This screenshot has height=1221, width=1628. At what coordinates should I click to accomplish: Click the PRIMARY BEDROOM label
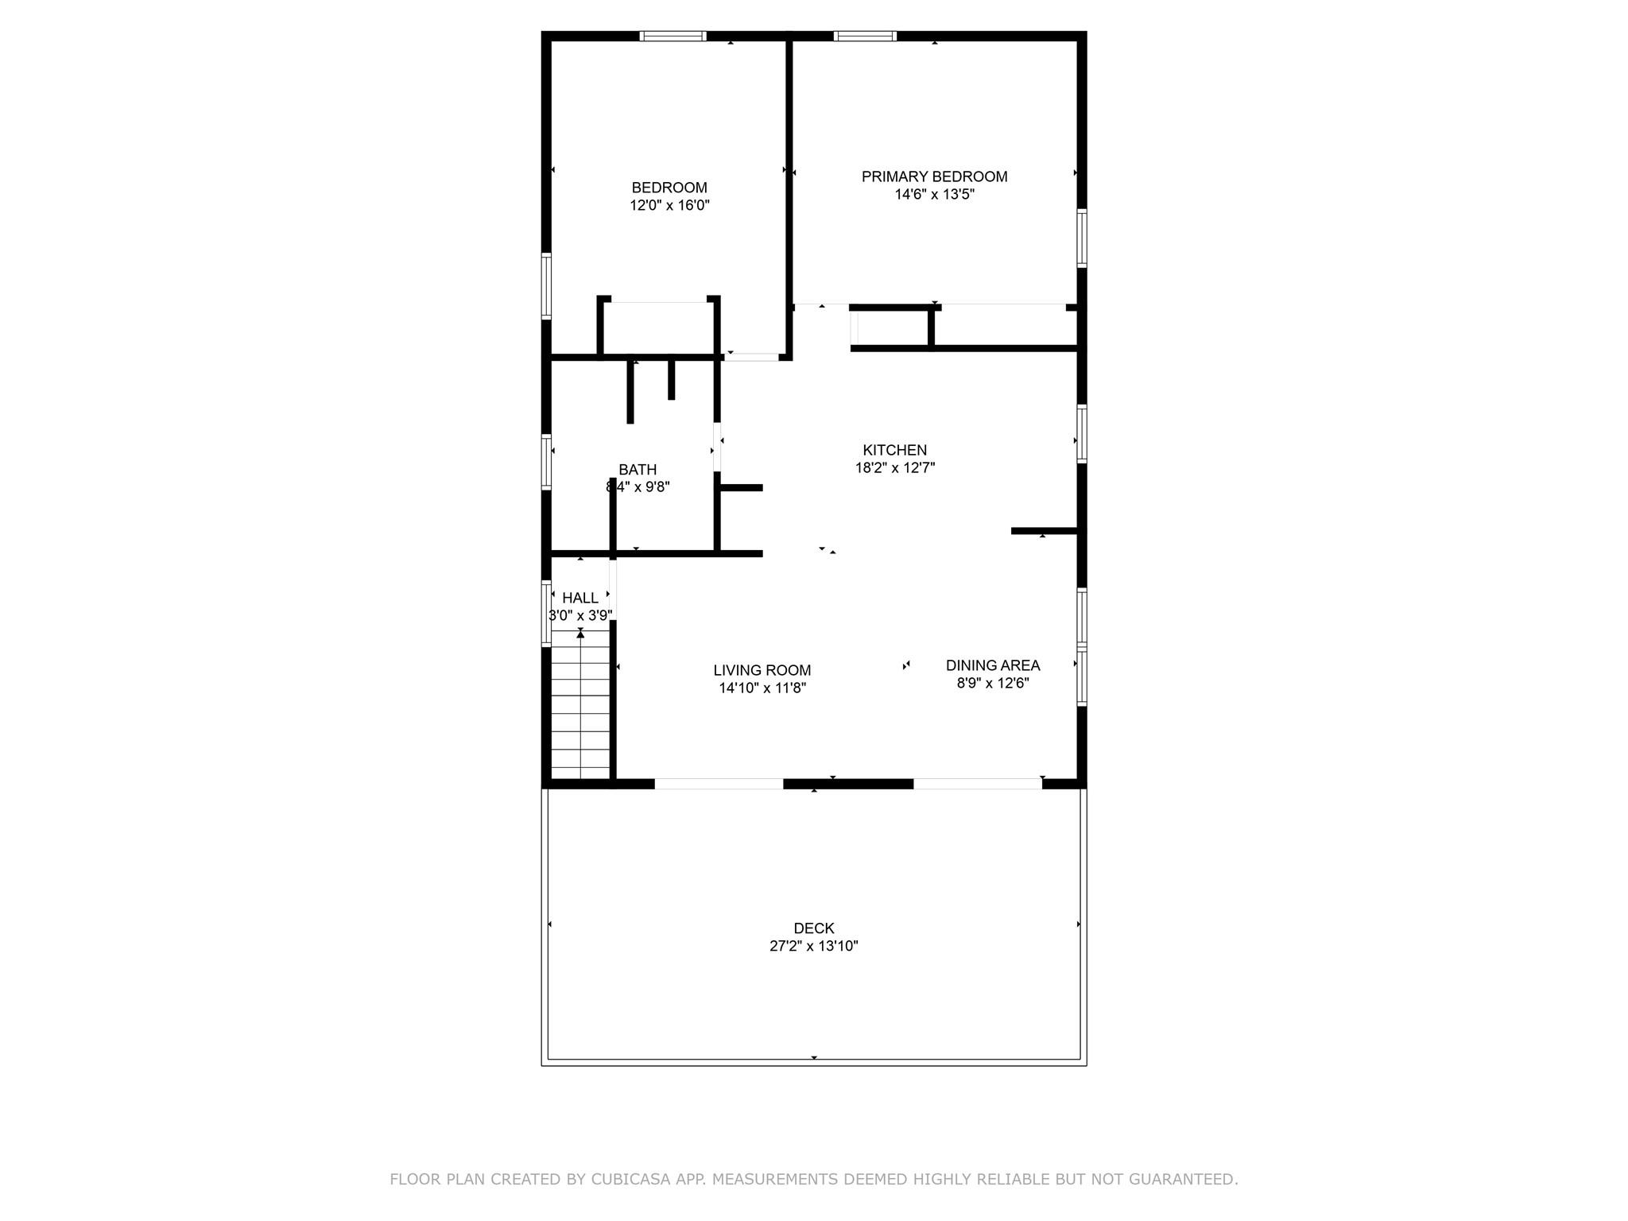(x=934, y=176)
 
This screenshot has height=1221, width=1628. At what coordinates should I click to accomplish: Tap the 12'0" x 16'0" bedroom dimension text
(x=669, y=205)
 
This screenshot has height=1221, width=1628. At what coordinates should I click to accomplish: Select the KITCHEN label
(x=894, y=450)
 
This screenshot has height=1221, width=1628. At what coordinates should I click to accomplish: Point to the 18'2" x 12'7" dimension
(x=894, y=468)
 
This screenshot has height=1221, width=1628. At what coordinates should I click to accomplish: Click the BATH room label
(x=638, y=470)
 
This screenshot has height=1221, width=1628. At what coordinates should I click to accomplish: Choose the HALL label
(x=579, y=598)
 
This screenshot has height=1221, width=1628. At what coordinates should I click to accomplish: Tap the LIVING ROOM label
(x=762, y=670)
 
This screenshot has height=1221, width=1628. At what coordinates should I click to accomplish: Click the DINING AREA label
(x=992, y=665)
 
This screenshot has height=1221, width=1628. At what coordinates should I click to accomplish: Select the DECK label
(x=813, y=928)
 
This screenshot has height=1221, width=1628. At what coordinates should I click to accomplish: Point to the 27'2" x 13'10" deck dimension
(x=813, y=946)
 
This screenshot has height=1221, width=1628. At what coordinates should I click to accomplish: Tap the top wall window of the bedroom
(x=673, y=36)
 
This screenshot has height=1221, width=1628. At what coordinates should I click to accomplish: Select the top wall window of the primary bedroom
(x=865, y=36)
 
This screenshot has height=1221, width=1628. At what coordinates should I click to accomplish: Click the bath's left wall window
(x=546, y=461)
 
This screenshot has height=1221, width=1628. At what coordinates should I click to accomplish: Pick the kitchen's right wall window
(x=1082, y=433)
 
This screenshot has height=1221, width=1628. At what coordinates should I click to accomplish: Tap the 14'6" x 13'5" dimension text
(x=934, y=195)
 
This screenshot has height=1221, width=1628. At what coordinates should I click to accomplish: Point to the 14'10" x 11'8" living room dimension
(x=762, y=688)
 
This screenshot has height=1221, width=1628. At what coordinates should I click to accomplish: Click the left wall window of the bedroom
(x=546, y=285)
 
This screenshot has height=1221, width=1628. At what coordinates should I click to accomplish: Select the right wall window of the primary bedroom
(x=1082, y=238)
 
